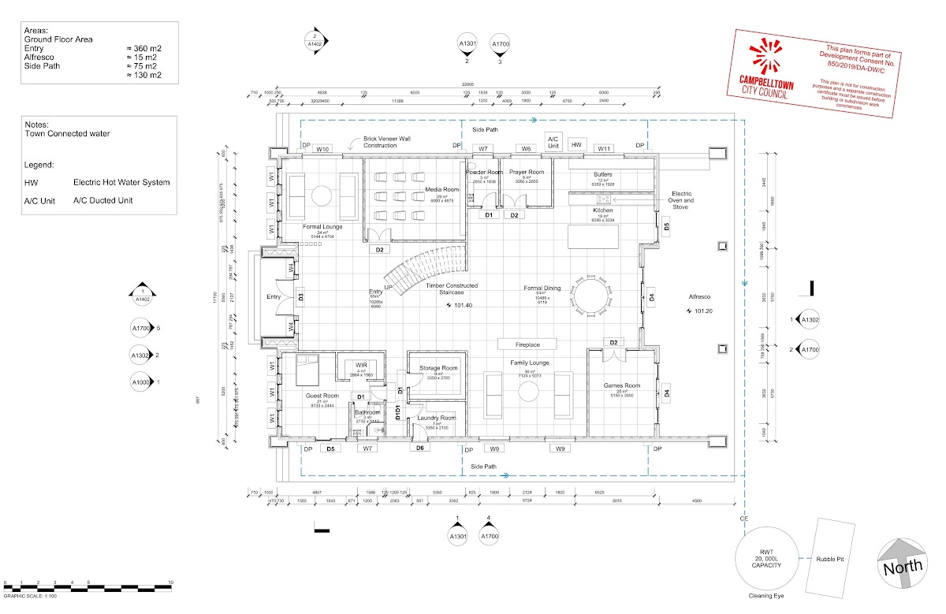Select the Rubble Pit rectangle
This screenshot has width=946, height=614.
point(831,556)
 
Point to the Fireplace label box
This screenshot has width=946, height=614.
point(527,344)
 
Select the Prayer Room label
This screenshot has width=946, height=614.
point(526,172)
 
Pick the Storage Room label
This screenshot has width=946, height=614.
point(439,368)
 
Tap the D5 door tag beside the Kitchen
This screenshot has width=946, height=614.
point(666,227)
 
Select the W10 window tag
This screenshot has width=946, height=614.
point(322,148)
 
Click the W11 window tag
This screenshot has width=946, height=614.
point(604,148)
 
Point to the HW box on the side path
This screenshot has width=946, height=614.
point(577,145)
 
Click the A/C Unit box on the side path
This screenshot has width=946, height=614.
point(553,142)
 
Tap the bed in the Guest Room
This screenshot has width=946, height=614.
point(307,368)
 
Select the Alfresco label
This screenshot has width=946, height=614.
point(698,296)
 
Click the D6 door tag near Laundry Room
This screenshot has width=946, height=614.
point(420,448)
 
